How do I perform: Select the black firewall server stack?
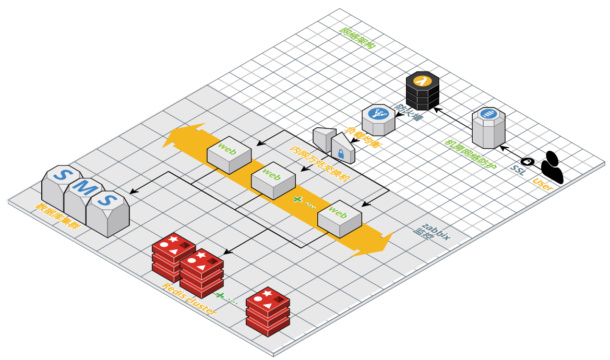[x=423, y=92]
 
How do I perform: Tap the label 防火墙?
[x=408, y=113]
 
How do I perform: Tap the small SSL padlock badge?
[x=527, y=162]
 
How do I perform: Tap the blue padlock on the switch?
[x=340, y=154]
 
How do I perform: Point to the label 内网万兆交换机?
[x=320, y=163]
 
